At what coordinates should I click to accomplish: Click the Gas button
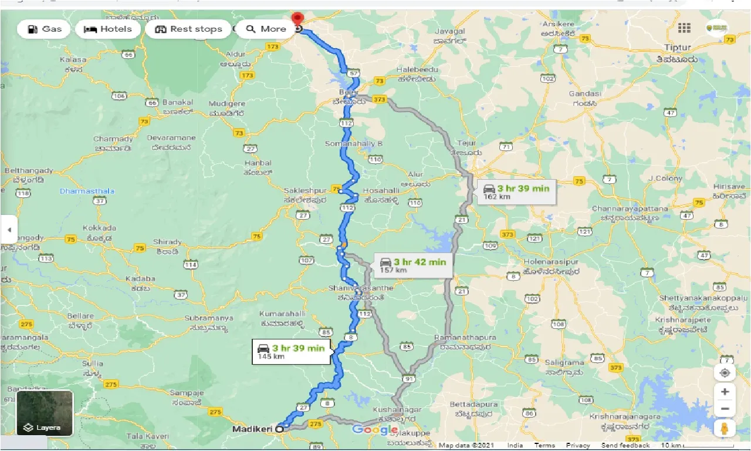click(44, 29)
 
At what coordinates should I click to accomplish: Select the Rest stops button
click(188, 29)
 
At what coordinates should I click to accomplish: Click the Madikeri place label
click(252, 429)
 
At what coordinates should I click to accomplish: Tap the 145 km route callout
click(292, 352)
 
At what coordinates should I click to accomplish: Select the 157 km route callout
click(413, 265)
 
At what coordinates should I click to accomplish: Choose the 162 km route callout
click(516, 191)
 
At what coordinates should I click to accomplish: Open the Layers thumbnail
click(45, 413)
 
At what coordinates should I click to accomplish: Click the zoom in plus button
click(725, 392)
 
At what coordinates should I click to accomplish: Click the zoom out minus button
click(725, 409)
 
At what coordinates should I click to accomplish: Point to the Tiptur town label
click(678, 46)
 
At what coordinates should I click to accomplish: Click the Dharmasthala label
click(87, 191)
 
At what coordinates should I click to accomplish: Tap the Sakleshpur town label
click(305, 191)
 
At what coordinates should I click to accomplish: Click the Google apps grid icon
click(684, 28)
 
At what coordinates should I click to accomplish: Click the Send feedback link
click(625, 446)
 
